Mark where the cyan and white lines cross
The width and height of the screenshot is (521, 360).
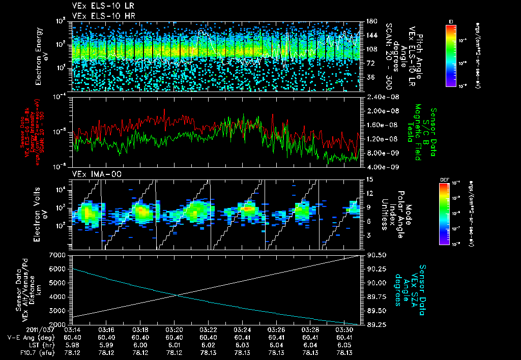176,295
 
